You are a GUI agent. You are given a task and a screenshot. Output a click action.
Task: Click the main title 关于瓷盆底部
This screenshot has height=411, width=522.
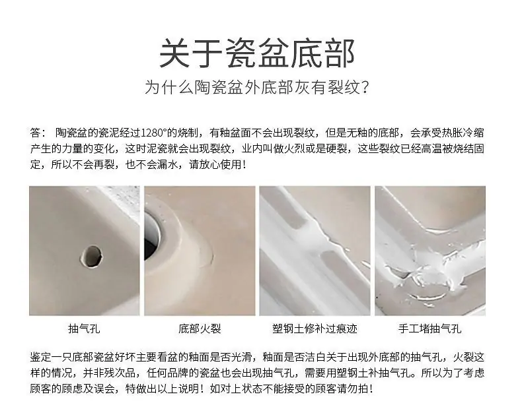tap(257, 53)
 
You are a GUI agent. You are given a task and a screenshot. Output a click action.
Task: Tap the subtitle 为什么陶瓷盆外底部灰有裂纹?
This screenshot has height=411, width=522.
tap(256, 87)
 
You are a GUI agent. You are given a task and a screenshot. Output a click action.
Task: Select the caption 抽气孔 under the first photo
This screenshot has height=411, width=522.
tap(84, 329)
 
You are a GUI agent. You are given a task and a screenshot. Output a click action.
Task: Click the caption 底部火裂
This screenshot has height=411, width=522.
tap(200, 329)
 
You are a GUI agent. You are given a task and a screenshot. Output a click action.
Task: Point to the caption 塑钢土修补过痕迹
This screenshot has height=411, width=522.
tap(315, 329)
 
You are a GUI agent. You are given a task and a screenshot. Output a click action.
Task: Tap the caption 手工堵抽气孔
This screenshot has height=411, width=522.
tap(429, 329)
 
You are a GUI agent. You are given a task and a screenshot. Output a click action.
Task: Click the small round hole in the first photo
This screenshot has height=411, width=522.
tap(91, 257)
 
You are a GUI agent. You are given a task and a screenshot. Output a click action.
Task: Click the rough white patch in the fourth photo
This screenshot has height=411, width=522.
tap(429, 266)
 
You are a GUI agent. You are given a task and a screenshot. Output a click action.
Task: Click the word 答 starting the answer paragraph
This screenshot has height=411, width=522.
tap(35, 133)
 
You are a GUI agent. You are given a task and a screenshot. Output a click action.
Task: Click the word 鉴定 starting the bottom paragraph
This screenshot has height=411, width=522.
tap(40, 357)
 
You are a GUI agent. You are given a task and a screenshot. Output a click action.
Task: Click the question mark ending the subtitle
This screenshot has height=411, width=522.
tap(365, 88)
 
